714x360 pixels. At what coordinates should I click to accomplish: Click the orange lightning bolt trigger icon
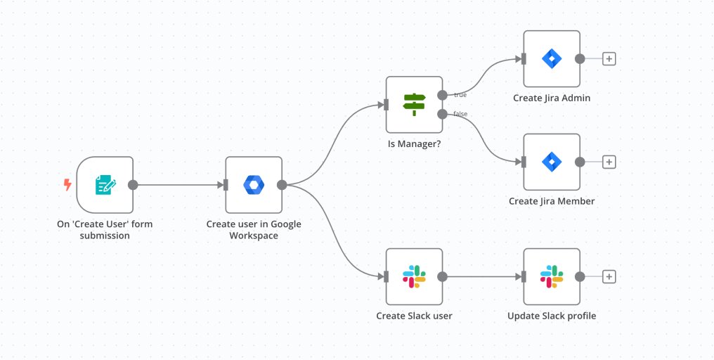67,185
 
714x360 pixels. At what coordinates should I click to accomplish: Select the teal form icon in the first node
105,185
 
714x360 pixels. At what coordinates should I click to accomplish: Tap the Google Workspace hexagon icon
253,185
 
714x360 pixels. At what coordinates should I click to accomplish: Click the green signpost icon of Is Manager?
414,105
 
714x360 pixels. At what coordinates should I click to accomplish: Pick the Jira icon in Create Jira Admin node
552,59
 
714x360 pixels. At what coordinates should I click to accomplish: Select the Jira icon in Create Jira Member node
552,162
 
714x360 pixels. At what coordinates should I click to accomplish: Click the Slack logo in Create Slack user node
414,276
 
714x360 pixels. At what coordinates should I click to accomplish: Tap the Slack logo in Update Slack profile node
552,276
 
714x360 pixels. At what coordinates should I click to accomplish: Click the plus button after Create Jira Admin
609,59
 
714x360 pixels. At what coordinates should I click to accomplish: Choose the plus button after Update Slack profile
609,276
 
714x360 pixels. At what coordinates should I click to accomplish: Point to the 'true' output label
460,94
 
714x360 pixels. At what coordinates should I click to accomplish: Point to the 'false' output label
460,114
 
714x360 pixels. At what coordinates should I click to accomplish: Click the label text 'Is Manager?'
414,144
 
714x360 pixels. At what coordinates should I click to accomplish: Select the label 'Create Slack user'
414,316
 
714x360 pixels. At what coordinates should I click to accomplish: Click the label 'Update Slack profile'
552,316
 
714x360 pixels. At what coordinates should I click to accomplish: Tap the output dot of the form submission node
133,185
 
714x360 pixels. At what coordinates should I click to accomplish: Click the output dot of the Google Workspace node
281,185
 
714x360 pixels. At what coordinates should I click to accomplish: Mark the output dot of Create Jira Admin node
580,59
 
